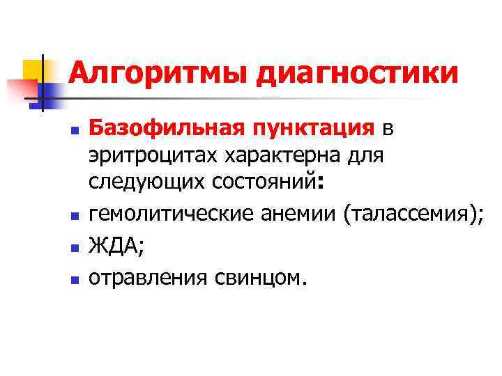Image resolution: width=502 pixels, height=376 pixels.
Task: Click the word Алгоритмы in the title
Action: [x=158, y=73]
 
